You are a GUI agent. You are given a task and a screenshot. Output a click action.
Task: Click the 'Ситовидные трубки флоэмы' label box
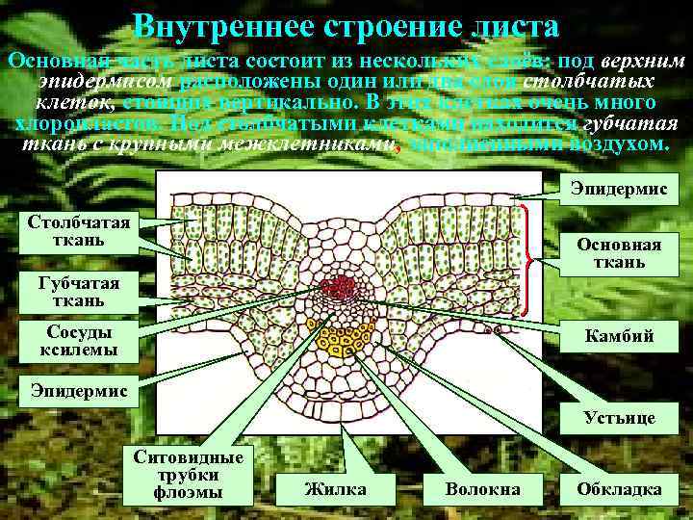click(187, 473)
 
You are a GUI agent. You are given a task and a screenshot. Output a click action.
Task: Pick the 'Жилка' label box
click(335, 489)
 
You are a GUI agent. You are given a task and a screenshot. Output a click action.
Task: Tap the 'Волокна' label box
click(482, 489)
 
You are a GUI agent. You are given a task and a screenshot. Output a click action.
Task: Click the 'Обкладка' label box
click(619, 489)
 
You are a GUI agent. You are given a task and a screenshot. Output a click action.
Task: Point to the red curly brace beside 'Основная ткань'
click(526, 258)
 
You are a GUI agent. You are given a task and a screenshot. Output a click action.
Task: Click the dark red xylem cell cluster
click(339, 288)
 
